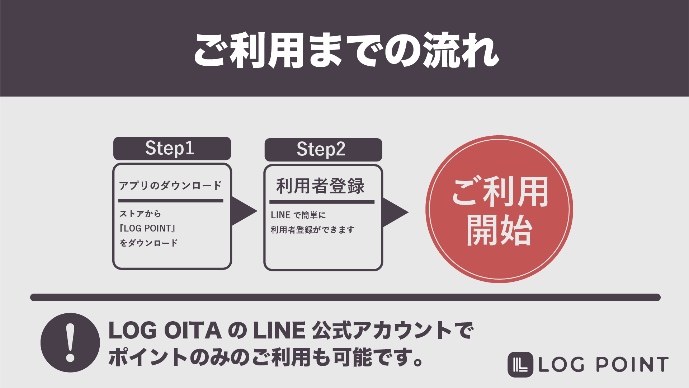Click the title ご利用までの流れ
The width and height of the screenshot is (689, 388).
tap(346, 50)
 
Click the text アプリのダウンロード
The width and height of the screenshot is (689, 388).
tap(170, 186)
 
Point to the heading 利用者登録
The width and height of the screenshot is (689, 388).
tap(320, 186)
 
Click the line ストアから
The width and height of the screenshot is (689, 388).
tap(140, 214)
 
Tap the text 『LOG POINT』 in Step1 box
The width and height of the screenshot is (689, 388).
tap(147, 228)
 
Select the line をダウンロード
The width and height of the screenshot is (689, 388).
tap(148, 243)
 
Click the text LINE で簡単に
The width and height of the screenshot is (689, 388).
tap(298, 215)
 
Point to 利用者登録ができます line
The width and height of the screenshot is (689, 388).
tap(312, 230)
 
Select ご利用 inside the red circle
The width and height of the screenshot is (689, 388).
tap(500, 192)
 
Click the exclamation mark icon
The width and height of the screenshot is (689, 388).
tap(70, 342)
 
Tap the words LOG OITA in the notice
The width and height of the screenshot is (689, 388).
tap(165, 331)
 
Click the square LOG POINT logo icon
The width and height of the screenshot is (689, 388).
tap(520, 364)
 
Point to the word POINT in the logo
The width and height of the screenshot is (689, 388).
tap(632, 365)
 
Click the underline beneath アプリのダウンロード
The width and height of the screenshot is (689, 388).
tap(171, 201)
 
